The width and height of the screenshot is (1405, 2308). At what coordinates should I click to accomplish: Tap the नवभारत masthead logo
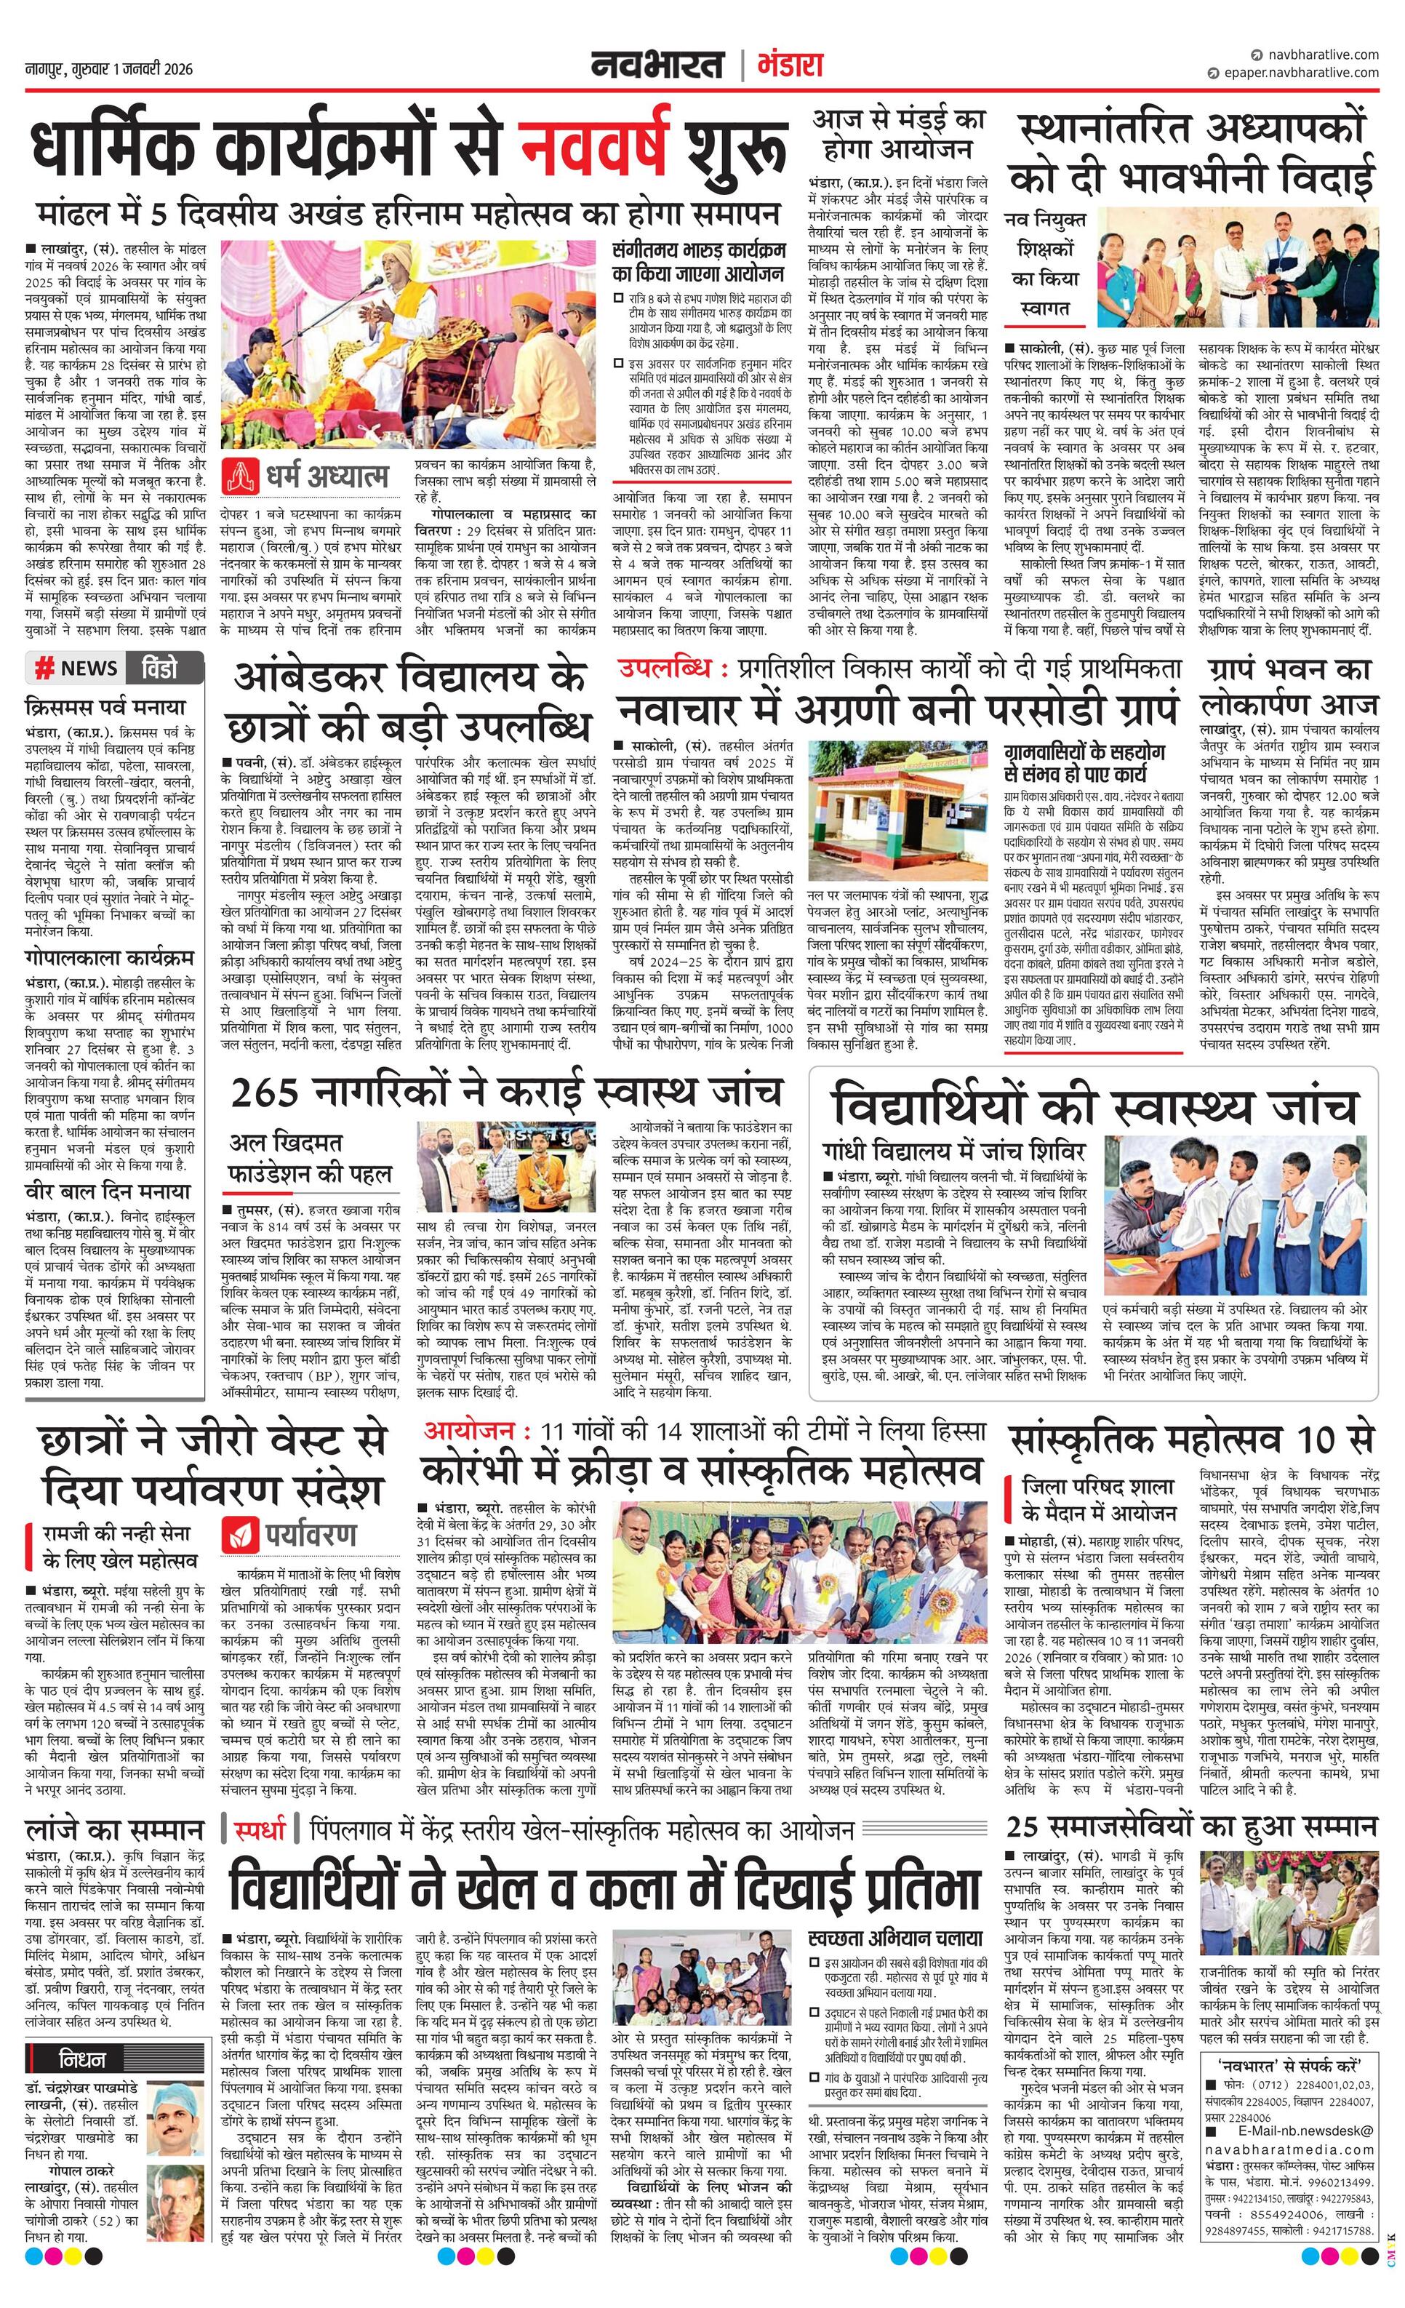[657, 65]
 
